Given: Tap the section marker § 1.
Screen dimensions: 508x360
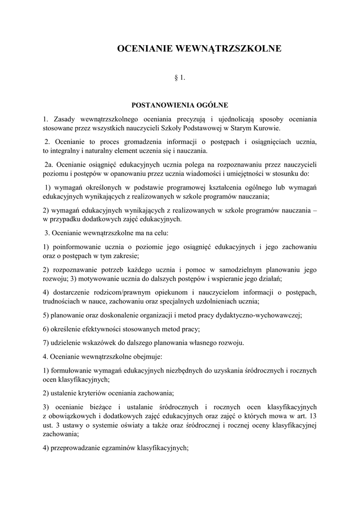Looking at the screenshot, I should point(180,78).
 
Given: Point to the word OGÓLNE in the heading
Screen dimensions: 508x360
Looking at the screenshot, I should point(211,105).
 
